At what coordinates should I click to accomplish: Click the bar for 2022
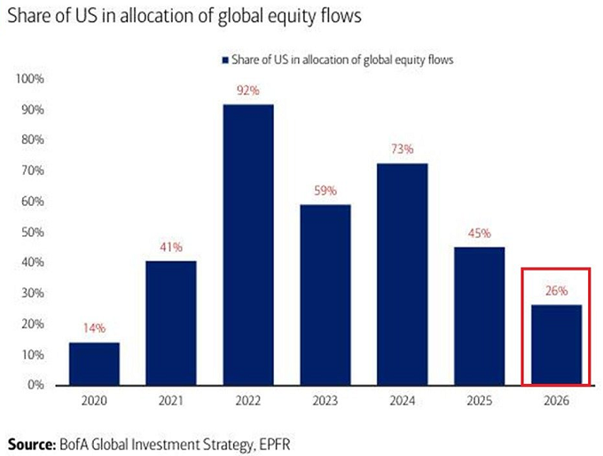point(248,245)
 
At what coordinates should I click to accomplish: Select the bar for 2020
point(94,364)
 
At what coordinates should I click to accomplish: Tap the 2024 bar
point(402,274)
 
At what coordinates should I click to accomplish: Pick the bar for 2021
point(171,323)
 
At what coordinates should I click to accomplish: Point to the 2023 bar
point(325,295)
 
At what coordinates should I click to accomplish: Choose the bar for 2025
point(479,316)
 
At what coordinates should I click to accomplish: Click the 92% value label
point(248,91)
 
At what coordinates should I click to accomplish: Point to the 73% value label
point(402,150)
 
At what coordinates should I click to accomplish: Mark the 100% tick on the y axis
point(32,79)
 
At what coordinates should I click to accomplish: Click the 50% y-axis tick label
point(35,232)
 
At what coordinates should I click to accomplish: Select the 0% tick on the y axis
point(38,385)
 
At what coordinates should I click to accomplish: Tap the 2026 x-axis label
point(556,400)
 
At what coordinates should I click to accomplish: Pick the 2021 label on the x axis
point(171,400)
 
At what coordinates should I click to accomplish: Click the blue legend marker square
point(225,59)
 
